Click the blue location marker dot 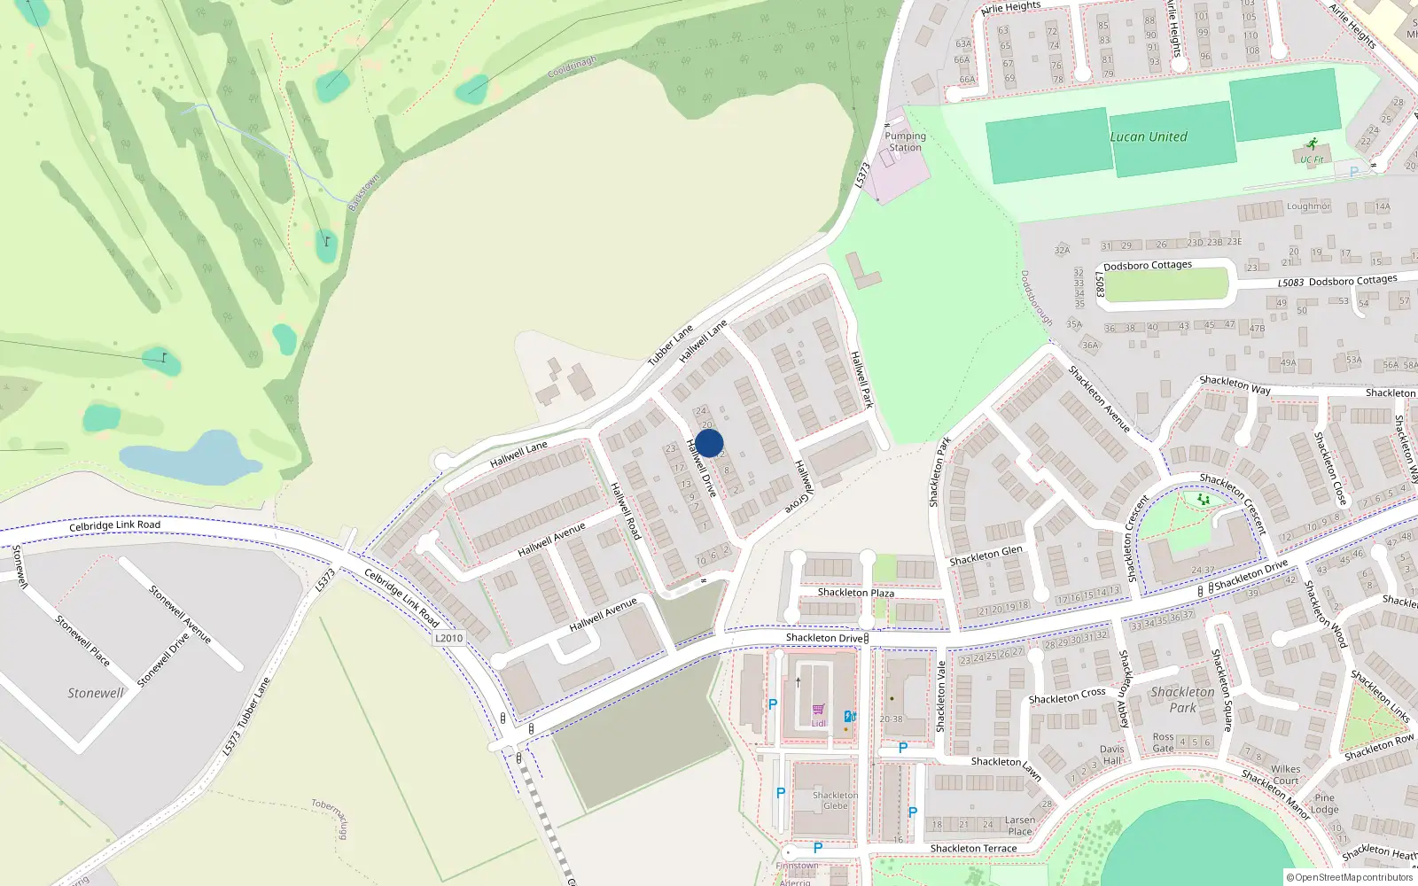point(709,443)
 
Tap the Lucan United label point(1149,136)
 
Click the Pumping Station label point(905,142)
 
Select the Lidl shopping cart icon point(818,710)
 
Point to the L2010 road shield point(449,638)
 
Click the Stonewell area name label point(96,693)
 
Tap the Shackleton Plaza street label point(855,593)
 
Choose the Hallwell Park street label point(861,379)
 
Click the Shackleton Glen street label point(986,556)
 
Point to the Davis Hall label point(1111,755)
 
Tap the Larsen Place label point(1020,826)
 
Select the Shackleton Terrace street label point(973,848)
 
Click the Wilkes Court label point(1285,774)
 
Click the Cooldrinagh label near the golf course point(573,66)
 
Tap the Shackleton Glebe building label point(835,800)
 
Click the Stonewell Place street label point(82,640)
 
